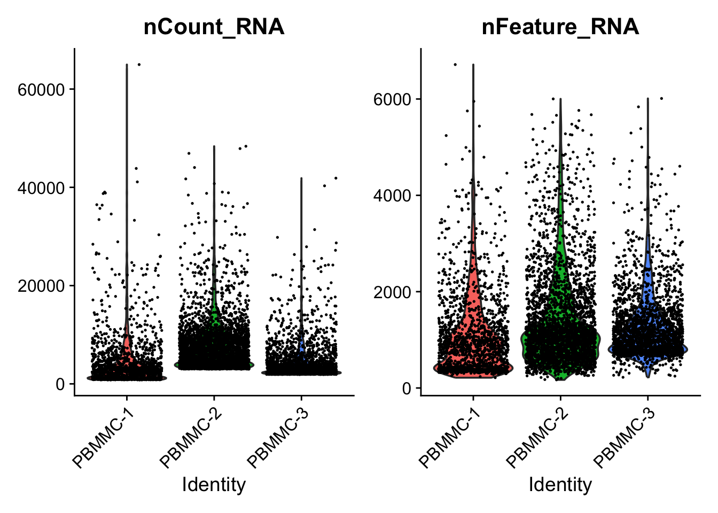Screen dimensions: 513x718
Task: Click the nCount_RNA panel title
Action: click(x=214, y=27)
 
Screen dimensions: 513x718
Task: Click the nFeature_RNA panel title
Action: click(x=560, y=27)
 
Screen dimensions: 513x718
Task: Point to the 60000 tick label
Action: click(x=41, y=89)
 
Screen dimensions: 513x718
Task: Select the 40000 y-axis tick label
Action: click(x=41, y=188)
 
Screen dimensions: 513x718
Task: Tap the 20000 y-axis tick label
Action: click(x=41, y=286)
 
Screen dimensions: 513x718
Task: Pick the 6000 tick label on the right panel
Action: click(x=392, y=99)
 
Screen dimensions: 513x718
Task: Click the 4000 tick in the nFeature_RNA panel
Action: click(x=392, y=196)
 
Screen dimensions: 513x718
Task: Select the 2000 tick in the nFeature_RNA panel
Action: click(x=392, y=292)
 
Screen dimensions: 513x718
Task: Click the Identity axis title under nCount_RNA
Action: click(x=214, y=485)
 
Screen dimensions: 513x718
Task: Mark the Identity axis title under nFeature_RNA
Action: click(x=560, y=485)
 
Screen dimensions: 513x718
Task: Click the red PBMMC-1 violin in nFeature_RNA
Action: click(x=473, y=342)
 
